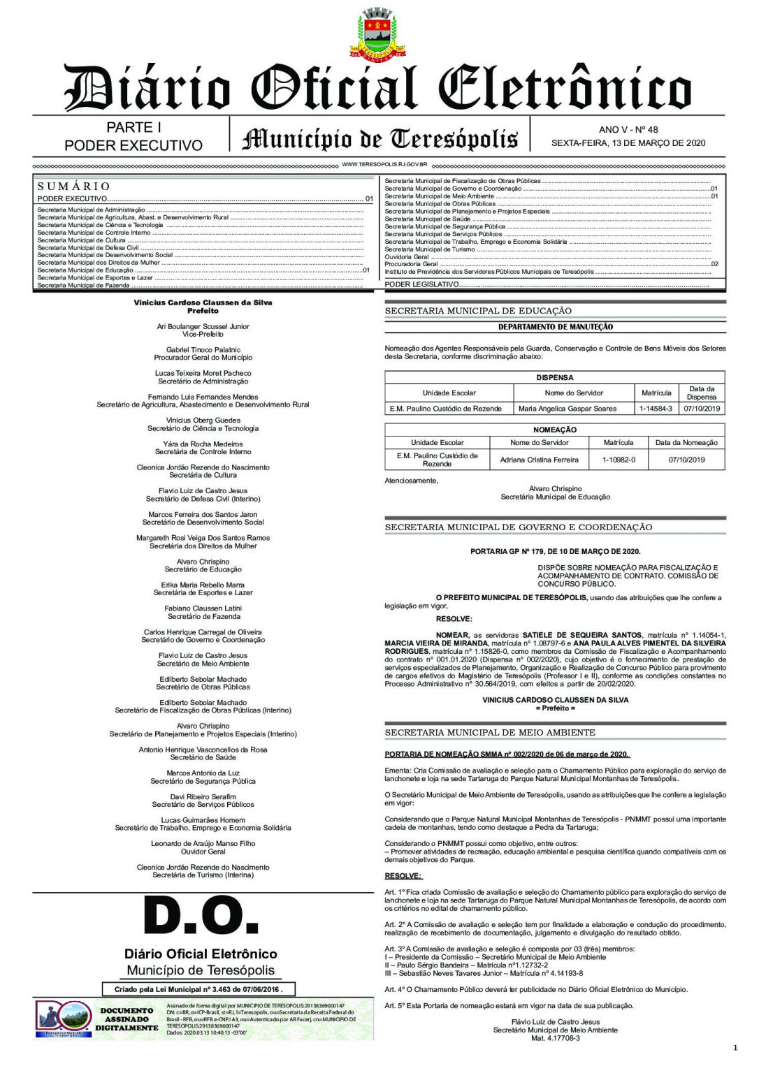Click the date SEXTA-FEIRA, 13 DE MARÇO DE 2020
pos(628,143)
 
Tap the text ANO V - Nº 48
pos(628,129)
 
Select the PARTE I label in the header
pos(133,127)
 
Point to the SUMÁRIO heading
pos(73,187)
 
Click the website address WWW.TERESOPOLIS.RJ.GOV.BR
pos(384,165)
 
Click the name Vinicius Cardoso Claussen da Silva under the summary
pos(203,302)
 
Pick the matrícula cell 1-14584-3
pos(656,409)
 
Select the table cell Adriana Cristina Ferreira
pos(539,460)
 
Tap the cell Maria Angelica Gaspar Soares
pos(567,409)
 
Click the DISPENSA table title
pos(554,377)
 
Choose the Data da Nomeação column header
pos(686,442)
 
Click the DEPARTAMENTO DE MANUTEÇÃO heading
pos(555,327)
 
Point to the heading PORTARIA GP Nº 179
pos(555,551)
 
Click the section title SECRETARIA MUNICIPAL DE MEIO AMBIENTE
pos(490,732)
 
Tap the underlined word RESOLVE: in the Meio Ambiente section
pos(403,876)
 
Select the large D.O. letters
pos(201,916)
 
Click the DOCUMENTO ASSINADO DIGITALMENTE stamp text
pos(127,1019)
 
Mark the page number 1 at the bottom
pos(735,1047)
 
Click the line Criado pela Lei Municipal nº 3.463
pos(199,989)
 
